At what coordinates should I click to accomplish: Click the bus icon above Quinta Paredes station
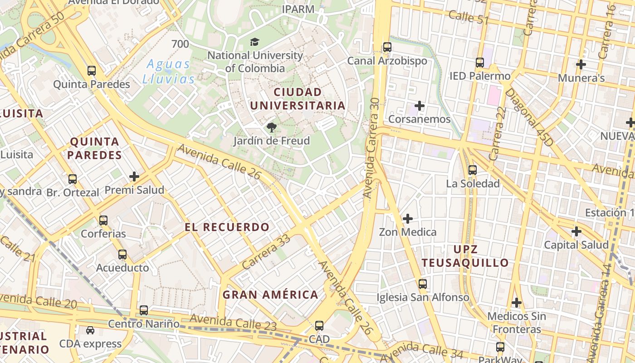(92, 71)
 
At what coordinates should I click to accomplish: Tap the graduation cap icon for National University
(255, 42)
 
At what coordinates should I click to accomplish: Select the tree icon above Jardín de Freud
(271, 128)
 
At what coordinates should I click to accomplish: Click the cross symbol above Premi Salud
(134, 177)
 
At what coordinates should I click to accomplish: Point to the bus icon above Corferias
(103, 221)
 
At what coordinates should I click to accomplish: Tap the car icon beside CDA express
(90, 330)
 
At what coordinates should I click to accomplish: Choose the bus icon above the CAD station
(319, 326)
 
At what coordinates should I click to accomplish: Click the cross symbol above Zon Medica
(408, 219)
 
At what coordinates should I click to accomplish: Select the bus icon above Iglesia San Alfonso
(423, 284)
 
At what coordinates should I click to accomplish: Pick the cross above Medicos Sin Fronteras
(517, 302)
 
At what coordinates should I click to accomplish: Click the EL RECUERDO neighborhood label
(227, 227)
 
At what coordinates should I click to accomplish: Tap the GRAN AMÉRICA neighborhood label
(270, 294)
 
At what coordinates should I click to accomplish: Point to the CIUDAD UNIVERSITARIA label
(298, 99)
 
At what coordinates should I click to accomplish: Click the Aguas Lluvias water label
(169, 72)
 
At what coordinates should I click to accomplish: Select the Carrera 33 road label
(266, 252)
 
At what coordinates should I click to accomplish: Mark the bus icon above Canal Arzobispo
(387, 47)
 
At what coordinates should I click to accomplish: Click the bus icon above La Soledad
(473, 170)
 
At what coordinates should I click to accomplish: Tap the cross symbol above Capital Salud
(576, 231)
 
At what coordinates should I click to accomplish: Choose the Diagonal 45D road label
(529, 117)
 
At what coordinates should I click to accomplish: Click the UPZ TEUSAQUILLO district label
(465, 256)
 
